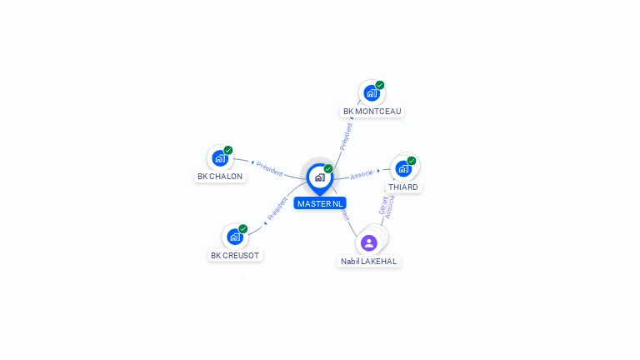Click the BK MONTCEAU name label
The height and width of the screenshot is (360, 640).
(372, 111)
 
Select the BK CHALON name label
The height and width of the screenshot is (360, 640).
(220, 177)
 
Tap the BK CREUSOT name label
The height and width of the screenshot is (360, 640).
(235, 255)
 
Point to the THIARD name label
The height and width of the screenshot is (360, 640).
(403, 187)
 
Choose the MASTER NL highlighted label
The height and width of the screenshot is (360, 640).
(319, 203)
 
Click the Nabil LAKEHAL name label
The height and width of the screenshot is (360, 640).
(369, 261)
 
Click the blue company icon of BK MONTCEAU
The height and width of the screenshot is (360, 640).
(371, 93)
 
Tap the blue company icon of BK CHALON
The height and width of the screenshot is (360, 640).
(219, 158)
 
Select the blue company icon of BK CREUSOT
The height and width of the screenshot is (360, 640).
(234, 237)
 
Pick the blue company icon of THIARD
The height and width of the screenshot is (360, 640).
(403, 168)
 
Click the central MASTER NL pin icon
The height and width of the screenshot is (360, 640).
(319, 177)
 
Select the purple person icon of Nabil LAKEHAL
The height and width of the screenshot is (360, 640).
(369, 242)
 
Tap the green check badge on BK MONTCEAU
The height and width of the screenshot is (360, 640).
(380, 85)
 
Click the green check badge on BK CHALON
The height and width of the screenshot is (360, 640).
(228, 150)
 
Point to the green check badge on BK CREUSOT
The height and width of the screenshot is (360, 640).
(243, 228)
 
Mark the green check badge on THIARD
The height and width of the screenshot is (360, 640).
(412, 160)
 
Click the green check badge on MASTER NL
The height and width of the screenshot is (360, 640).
(328, 168)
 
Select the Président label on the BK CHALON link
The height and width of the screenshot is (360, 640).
(269, 167)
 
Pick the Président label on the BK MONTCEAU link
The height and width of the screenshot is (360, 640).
(347, 136)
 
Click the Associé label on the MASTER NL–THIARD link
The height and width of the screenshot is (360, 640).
(362, 174)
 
